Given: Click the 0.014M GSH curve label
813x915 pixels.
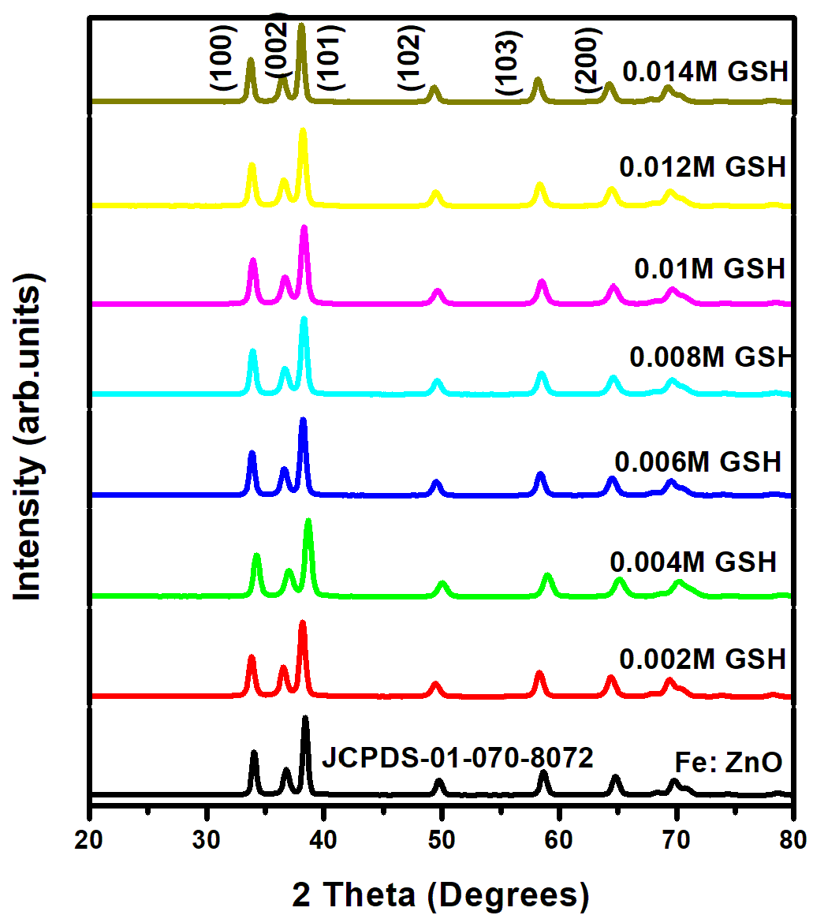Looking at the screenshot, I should [x=705, y=73].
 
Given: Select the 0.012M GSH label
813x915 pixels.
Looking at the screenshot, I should [x=703, y=167].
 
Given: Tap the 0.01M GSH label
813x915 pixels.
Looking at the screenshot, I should [x=710, y=268].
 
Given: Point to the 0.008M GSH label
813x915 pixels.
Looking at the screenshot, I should [x=709, y=357].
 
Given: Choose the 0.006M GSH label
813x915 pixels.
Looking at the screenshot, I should [x=697, y=461].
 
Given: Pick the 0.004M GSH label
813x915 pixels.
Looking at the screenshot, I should [x=693, y=562].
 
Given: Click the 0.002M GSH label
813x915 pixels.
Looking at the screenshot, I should [x=703, y=657].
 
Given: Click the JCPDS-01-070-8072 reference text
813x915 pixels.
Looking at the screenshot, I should [x=457, y=760].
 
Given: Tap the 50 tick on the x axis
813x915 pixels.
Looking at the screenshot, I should [x=442, y=831].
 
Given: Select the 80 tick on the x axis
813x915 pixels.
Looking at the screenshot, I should [x=791, y=831].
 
